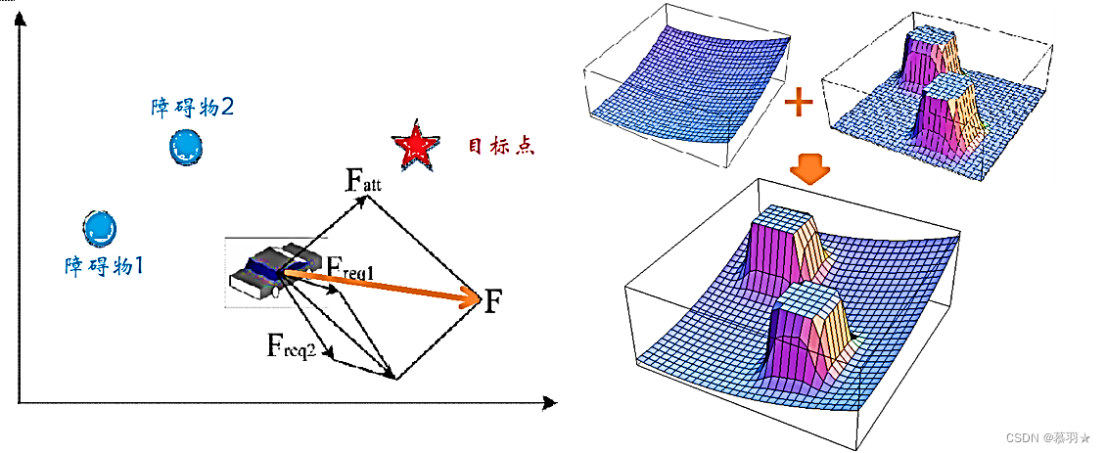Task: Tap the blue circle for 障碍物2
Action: pyautogui.click(x=186, y=147)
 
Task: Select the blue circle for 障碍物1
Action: pyautogui.click(x=100, y=227)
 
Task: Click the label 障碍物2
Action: pyautogui.click(x=191, y=107)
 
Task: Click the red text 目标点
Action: pyautogui.click(x=500, y=147)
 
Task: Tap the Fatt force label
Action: pyautogui.click(x=364, y=180)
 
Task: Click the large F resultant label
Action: pyautogui.click(x=494, y=300)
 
